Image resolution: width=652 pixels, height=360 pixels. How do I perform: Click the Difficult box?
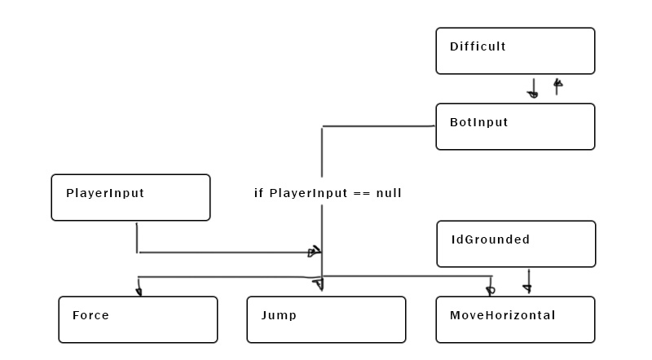[x=515, y=50]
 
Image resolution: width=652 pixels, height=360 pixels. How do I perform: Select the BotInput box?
[x=515, y=127]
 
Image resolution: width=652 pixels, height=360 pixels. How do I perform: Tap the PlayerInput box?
[x=130, y=197]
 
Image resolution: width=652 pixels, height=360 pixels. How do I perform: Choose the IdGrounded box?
[x=516, y=244]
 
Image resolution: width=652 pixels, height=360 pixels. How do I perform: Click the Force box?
[x=138, y=319]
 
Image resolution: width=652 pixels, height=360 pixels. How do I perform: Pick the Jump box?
[x=326, y=319]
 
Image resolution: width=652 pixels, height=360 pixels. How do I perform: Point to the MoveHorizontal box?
[x=515, y=319]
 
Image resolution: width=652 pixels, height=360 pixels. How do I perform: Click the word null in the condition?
[x=389, y=194]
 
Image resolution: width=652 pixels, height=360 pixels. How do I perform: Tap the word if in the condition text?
[x=258, y=194]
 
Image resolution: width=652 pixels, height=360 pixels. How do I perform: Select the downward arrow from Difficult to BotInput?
[x=534, y=88]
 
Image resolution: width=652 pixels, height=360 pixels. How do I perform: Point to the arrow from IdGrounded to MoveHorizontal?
[x=528, y=281]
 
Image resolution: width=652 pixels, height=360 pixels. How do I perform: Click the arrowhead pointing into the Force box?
[x=139, y=290]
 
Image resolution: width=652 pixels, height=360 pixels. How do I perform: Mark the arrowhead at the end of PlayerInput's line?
[x=313, y=252]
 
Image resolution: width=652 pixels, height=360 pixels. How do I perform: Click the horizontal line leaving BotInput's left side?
[x=379, y=126]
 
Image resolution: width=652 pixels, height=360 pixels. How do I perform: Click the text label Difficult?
[x=478, y=46]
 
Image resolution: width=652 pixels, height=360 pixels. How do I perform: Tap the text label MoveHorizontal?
[x=502, y=315]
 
